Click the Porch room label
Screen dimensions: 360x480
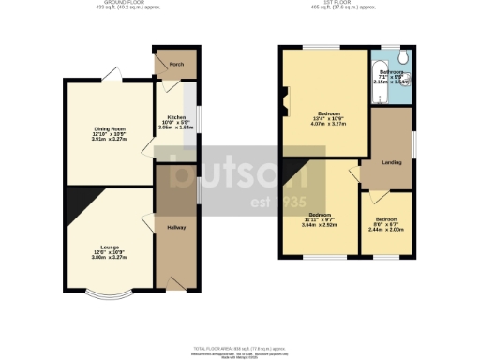click(x=175, y=65)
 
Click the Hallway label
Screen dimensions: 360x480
click(x=176, y=228)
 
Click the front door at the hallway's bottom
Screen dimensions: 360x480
click(x=173, y=282)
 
